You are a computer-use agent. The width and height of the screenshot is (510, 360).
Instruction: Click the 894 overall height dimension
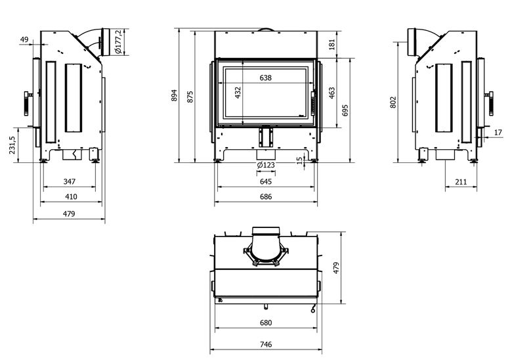click(175, 95)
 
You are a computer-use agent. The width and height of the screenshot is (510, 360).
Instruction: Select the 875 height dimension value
click(190, 97)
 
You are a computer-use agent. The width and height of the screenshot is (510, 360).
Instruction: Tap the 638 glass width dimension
click(265, 78)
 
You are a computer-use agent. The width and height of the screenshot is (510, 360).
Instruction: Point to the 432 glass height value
click(238, 93)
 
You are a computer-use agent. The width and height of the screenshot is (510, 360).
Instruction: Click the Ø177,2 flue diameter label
click(118, 41)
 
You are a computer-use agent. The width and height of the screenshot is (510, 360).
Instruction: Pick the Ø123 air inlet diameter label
click(266, 165)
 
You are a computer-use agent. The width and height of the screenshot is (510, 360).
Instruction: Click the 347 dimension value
click(70, 181)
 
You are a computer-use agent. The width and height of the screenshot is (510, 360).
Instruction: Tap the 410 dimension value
click(71, 196)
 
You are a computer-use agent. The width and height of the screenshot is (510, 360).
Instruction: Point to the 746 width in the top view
click(266, 344)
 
